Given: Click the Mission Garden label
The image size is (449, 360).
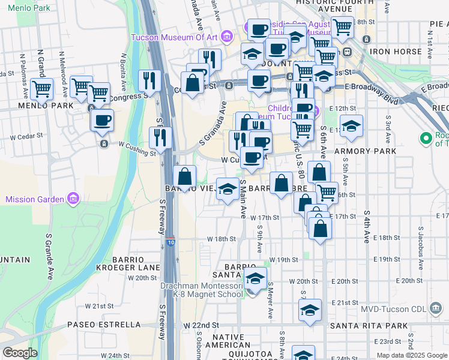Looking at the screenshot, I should [35, 199].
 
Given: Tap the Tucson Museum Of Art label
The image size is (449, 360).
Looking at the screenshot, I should [174, 37].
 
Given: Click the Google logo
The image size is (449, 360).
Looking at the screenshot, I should [20, 353].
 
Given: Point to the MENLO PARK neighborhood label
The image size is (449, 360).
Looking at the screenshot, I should [37, 106].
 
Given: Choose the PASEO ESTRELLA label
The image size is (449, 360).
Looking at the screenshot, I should [104, 325].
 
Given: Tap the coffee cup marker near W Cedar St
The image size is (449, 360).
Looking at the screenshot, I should [102, 119].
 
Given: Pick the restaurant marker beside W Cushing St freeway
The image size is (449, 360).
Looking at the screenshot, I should [160, 137].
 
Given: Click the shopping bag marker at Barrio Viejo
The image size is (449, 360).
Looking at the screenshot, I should [185, 176].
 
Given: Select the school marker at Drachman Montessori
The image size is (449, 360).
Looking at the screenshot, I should [255, 278].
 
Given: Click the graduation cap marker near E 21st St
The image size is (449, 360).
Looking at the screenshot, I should [310, 310].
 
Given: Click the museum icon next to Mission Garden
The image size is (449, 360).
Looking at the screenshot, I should [73, 198].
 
